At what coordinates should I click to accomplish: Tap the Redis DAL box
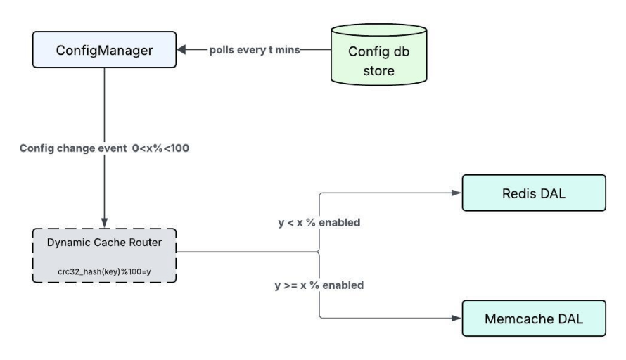(532, 193)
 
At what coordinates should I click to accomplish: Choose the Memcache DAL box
(534, 319)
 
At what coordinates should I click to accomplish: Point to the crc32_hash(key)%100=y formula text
(104, 271)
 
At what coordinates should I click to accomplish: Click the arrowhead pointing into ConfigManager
(181, 51)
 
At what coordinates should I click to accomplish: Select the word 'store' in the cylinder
(379, 71)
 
